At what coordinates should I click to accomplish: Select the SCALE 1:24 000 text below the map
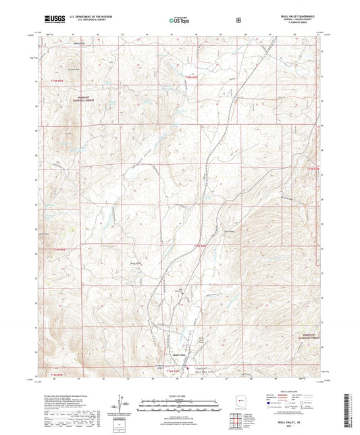point(180,395)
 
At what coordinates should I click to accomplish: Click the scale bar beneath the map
point(180,403)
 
